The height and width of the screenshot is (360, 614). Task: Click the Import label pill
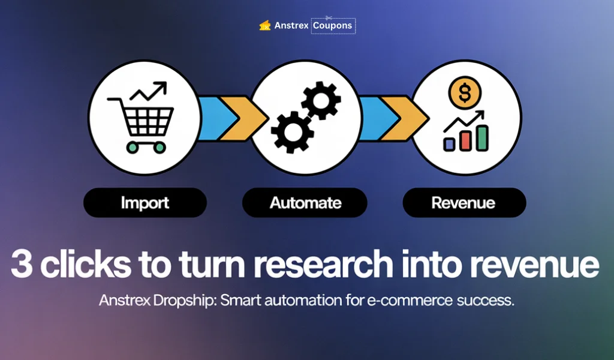[x=145, y=203]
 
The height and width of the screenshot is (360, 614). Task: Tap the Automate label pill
[x=305, y=203]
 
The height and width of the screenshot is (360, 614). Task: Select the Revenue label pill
[x=464, y=203]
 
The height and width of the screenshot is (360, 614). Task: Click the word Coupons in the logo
[x=333, y=26]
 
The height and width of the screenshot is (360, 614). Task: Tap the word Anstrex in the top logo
[x=291, y=26]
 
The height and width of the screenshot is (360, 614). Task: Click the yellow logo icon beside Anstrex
[x=264, y=26]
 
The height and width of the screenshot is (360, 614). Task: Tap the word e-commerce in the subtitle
[x=413, y=301]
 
